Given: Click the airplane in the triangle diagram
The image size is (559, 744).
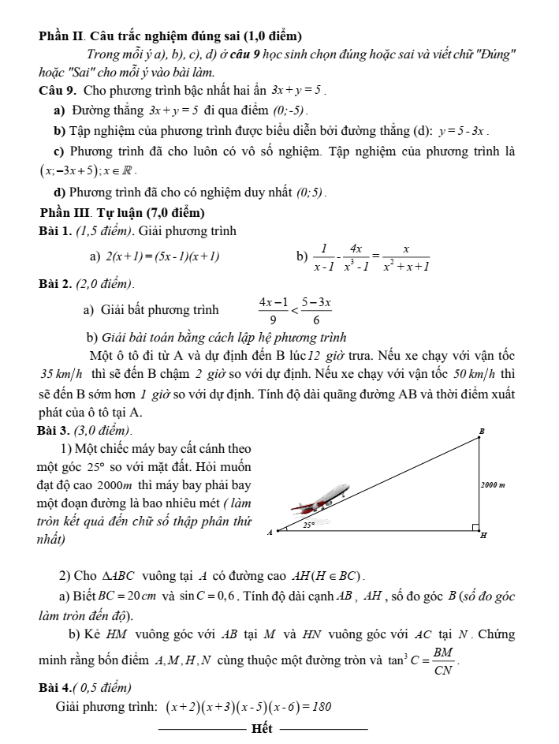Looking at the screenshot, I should coord(319,497).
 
